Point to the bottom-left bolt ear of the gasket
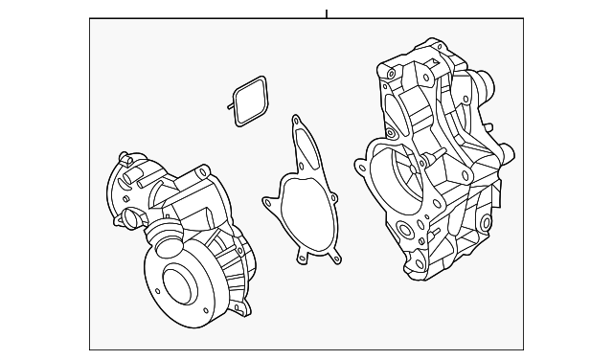[303, 257]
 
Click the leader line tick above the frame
[327, 13]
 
